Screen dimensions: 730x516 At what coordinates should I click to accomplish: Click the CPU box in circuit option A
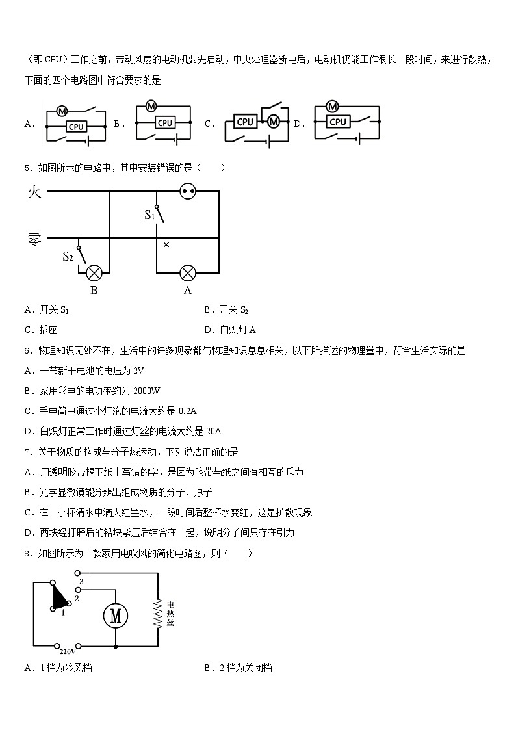click(76, 127)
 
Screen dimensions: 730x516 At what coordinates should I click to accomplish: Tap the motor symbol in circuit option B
click(151, 105)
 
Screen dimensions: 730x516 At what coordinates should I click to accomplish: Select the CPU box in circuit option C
click(245, 122)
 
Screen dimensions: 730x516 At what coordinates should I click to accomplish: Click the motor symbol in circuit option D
click(333, 106)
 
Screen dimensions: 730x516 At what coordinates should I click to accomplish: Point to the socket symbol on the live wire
click(188, 191)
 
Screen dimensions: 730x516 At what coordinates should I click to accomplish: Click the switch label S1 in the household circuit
click(149, 215)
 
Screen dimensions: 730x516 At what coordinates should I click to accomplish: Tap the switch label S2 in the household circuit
click(68, 256)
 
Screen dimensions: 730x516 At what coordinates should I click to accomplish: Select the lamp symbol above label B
click(94, 272)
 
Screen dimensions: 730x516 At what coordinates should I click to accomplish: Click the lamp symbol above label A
click(188, 272)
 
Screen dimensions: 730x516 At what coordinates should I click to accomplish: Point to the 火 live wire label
click(34, 192)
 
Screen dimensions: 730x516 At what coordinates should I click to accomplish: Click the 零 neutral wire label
click(34, 240)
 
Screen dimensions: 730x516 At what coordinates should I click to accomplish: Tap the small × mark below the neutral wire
click(166, 245)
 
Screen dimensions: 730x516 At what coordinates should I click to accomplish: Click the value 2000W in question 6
click(146, 391)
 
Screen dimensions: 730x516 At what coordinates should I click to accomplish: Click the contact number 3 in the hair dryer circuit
click(81, 580)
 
